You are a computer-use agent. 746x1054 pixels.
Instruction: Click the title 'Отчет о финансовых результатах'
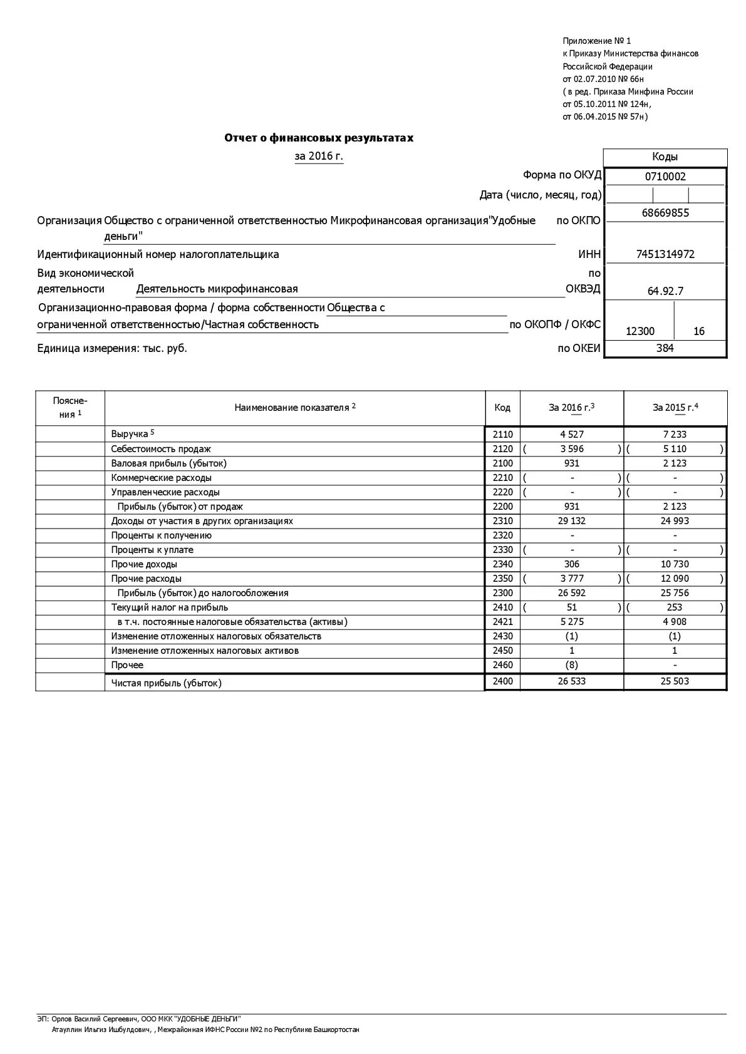pyautogui.click(x=319, y=138)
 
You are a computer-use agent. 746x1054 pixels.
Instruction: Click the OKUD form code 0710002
pyautogui.click(x=665, y=177)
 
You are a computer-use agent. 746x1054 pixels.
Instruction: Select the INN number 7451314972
pyautogui.click(x=665, y=254)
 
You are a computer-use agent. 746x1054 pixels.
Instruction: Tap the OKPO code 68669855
pyautogui.click(x=665, y=213)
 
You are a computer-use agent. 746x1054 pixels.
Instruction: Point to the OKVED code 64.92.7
pyautogui.click(x=665, y=291)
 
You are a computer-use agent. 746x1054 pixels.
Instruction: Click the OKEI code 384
pyautogui.click(x=665, y=348)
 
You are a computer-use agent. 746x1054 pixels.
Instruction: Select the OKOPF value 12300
pyautogui.click(x=640, y=331)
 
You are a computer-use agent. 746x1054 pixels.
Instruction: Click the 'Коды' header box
pyautogui.click(x=665, y=157)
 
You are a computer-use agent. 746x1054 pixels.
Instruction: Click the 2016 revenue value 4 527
pyautogui.click(x=571, y=435)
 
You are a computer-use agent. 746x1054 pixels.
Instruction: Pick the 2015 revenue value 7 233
pyautogui.click(x=675, y=435)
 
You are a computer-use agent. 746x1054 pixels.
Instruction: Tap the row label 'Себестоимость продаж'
pyautogui.click(x=161, y=449)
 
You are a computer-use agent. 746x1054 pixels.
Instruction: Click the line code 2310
pyautogui.click(x=502, y=521)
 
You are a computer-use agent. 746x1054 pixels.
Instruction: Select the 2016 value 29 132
pyautogui.click(x=571, y=521)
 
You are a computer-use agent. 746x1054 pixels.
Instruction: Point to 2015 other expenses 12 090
pyautogui.click(x=675, y=579)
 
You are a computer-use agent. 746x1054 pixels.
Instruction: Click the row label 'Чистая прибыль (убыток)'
pyautogui.click(x=167, y=683)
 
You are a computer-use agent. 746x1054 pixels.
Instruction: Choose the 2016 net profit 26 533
pyautogui.click(x=571, y=681)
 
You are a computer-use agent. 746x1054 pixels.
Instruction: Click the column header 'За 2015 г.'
pyautogui.click(x=675, y=408)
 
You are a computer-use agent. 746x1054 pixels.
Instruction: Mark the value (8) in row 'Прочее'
pyautogui.click(x=571, y=665)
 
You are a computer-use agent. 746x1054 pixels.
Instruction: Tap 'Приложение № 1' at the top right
pyautogui.click(x=596, y=41)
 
